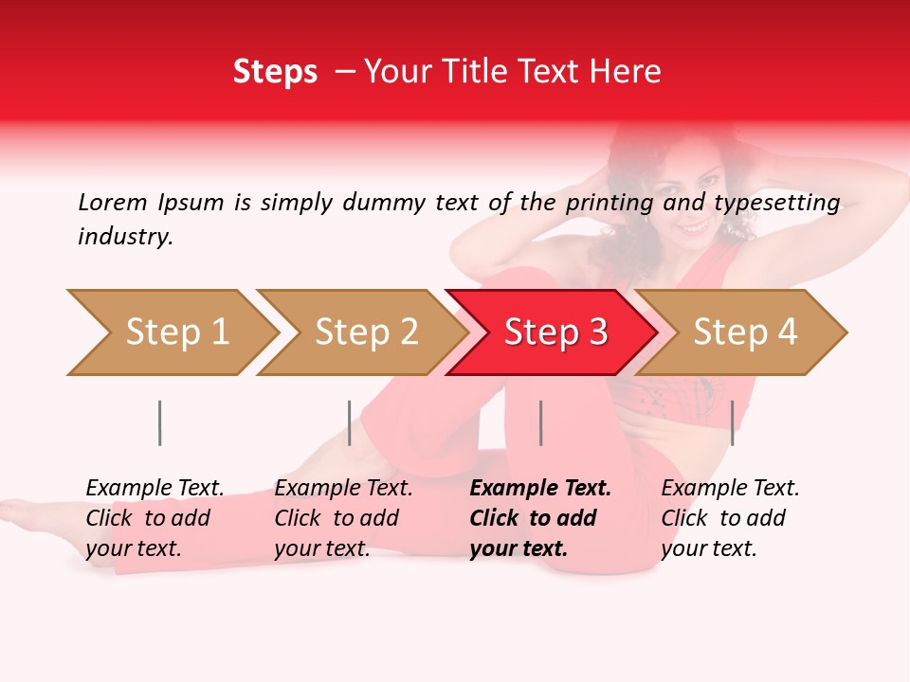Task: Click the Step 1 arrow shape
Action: (x=175, y=332)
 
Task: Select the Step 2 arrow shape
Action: (x=365, y=332)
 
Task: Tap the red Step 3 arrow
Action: (x=555, y=332)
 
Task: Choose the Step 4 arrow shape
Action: (x=744, y=332)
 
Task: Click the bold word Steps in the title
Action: (x=275, y=72)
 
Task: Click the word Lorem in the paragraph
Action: (x=113, y=202)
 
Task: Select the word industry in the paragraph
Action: (x=124, y=237)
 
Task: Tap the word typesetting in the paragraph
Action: (x=776, y=203)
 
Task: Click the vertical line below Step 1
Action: (x=160, y=422)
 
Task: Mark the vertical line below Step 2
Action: (x=350, y=422)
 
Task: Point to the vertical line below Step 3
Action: (x=540, y=422)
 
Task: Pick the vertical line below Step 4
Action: (x=732, y=422)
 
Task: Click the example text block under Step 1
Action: (x=155, y=518)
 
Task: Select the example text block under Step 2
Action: (x=343, y=518)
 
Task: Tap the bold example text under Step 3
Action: (x=540, y=518)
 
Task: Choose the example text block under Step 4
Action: (x=730, y=518)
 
